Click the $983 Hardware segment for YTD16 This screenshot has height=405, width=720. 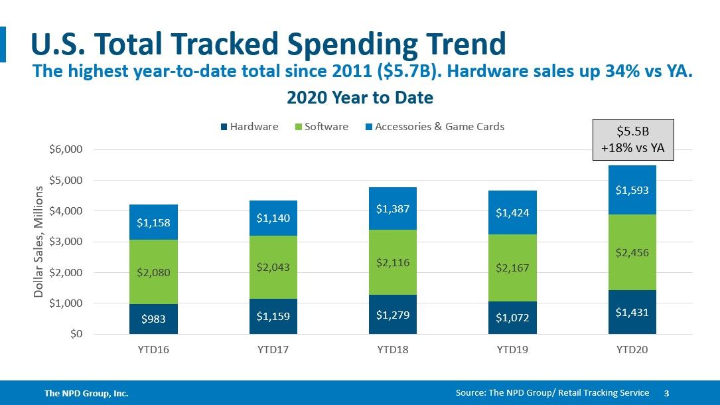[x=153, y=319]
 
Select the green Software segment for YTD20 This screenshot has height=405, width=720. [x=632, y=252]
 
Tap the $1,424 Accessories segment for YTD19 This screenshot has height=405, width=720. [x=512, y=212]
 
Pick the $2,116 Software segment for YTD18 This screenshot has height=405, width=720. [x=393, y=262]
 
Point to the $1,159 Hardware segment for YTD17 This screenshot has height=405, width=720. [x=273, y=317]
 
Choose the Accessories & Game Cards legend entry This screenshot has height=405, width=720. [x=434, y=127]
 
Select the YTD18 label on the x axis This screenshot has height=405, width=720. [x=393, y=350]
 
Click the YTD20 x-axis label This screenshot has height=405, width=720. [x=632, y=350]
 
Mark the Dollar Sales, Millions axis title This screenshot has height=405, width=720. [x=39, y=242]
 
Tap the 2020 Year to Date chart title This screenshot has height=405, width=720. [x=360, y=98]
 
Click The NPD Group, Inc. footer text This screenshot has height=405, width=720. [x=86, y=394]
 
